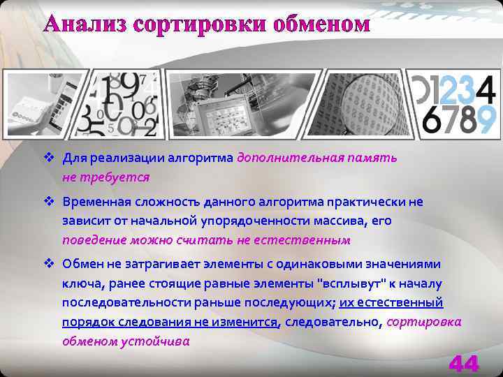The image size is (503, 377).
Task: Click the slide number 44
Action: tap(464, 363)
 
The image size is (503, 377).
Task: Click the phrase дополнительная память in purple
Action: tap(317, 157)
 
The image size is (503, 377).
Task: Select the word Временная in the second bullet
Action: tap(94, 202)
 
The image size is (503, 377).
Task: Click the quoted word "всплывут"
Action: tap(353, 283)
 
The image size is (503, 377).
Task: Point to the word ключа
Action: tap(79, 283)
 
